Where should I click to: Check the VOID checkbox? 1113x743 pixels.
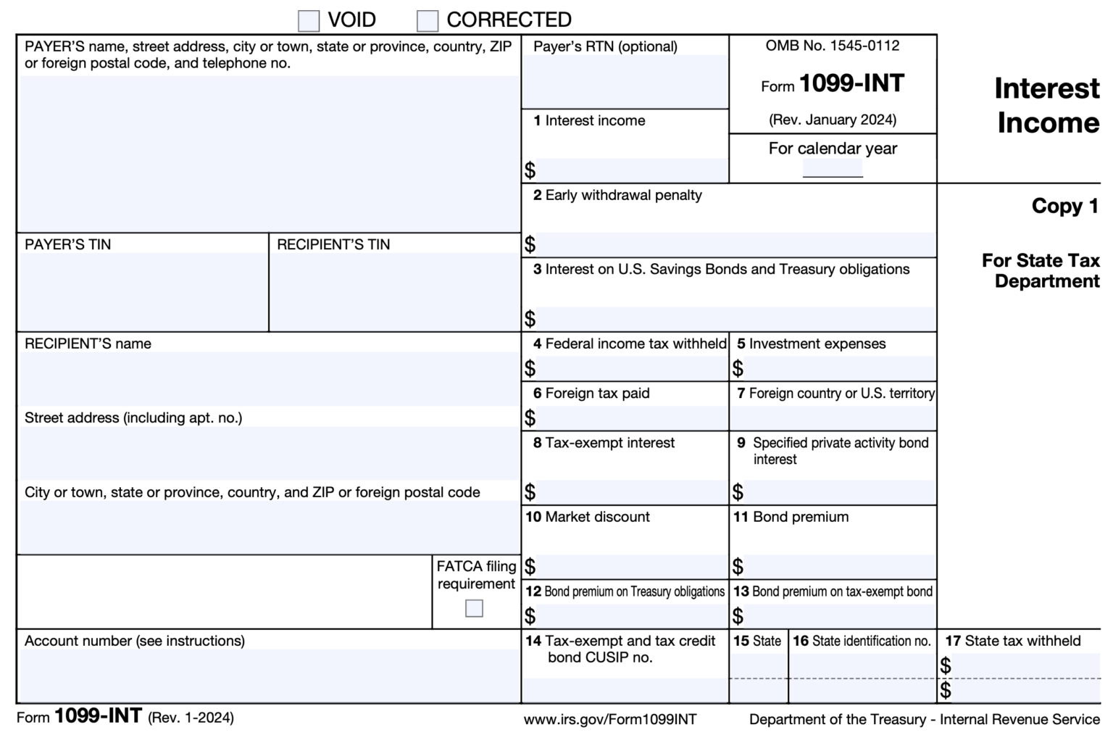coord(309,21)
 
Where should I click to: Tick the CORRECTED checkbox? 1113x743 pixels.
coord(428,21)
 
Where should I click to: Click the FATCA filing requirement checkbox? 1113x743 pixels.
coord(474,608)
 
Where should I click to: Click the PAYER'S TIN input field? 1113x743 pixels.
coord(142,291)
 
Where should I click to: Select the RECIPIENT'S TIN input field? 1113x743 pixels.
coord(394,291)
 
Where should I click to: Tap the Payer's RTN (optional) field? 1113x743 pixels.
coord(625,81)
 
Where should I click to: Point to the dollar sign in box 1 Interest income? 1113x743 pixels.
coord(530,170)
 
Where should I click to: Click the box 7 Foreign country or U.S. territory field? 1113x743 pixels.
coord(833,418)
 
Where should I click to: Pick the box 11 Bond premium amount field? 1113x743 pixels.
coord(839,566)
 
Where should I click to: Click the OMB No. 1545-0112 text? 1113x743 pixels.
coord(833,46)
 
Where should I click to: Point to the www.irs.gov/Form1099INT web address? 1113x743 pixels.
coord(610,720)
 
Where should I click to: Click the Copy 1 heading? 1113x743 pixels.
coord(1065,207)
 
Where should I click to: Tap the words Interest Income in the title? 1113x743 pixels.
coord(1047,106)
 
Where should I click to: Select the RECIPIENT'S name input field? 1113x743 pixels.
coord(268,378)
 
